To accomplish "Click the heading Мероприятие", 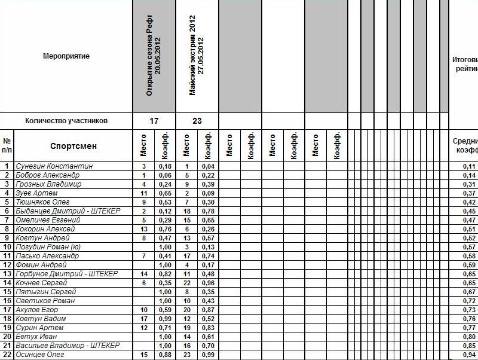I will click(66, 56).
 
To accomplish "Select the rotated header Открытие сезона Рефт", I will click(154, 56).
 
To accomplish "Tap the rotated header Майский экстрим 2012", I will click(197, 56).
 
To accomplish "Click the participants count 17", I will click(154, 121).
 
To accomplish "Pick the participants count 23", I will click(197, 121).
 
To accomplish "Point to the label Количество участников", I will click(66, 121).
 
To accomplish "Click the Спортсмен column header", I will click(73, 146).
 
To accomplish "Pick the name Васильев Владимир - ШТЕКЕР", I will click(68, 346).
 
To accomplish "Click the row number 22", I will click(7, 355).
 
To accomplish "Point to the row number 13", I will click(7, 274).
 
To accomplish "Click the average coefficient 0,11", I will click(470, 166).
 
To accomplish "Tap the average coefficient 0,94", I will click(470, 355).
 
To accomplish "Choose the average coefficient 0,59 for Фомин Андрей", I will click(470, 265).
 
